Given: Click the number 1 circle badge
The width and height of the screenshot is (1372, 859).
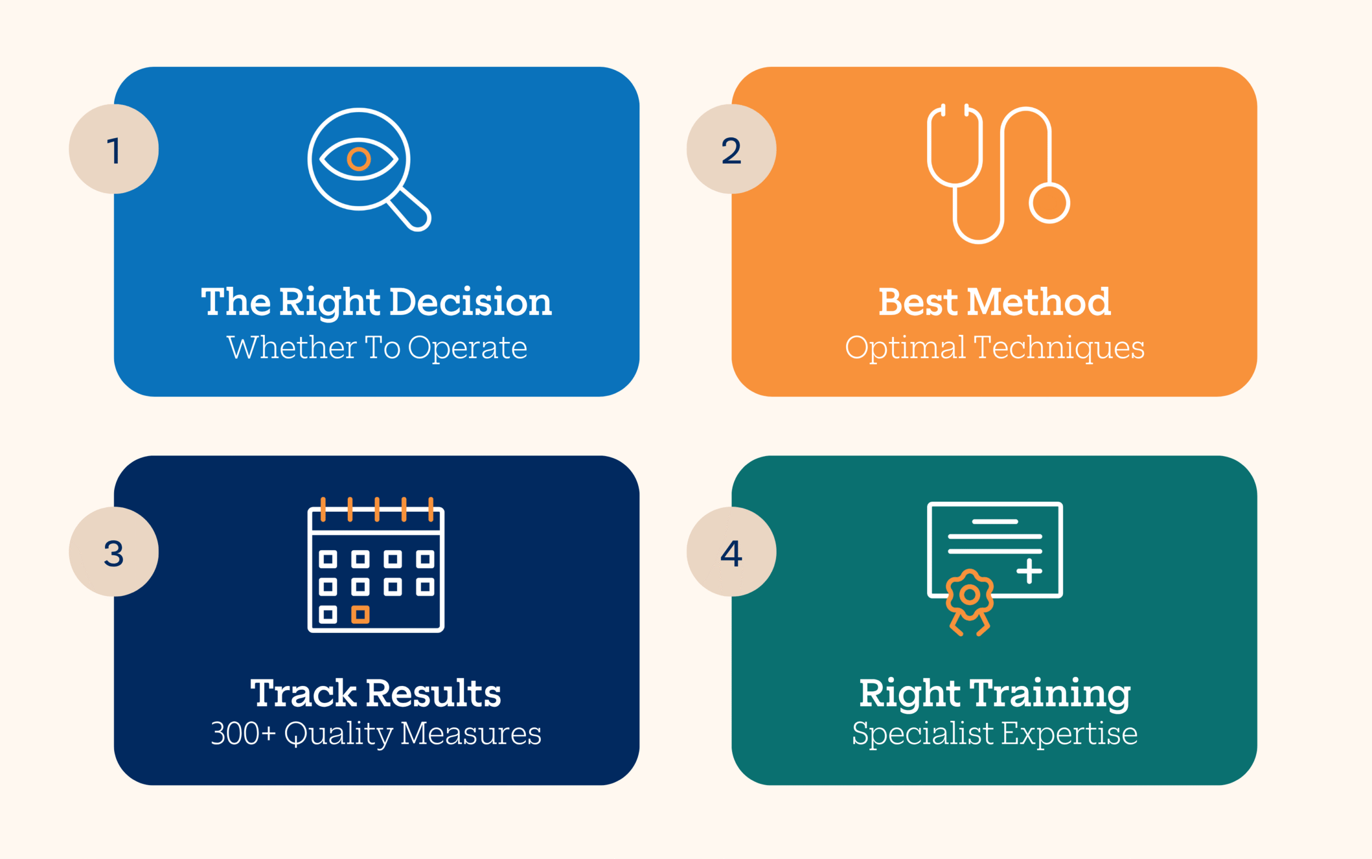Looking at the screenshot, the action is tap(114, 149).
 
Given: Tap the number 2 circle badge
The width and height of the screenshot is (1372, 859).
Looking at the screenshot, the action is tap(731, 149).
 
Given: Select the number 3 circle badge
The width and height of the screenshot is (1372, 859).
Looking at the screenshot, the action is tap(114, 551).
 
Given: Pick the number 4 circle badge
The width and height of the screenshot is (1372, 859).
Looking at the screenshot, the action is tap(731, 551).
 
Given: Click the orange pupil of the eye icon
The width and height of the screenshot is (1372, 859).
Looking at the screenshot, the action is tap(359, 159).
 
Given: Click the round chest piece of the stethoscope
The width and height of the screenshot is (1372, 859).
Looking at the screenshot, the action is tap(1049, 203).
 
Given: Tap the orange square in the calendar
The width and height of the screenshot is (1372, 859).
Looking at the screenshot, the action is tap(360, 614).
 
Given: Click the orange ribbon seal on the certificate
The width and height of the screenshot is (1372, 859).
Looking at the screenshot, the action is tap(970, 602).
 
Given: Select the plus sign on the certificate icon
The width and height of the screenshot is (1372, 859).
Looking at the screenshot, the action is tap(1029, 571).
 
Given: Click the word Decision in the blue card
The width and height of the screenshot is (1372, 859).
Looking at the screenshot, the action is tap(471, 302).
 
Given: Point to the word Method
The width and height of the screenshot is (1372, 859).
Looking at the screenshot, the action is tap(1039, 302).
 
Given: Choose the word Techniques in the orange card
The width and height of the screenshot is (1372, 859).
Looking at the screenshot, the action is tap(1059, 348).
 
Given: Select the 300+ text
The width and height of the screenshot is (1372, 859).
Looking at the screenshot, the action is tap(243, 734).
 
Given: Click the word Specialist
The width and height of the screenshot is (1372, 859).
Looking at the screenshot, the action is tap(923, 734).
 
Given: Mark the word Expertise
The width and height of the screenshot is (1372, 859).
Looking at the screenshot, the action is tap(1069, 734).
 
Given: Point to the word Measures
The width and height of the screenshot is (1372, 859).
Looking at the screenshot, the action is tap(471, 734).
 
